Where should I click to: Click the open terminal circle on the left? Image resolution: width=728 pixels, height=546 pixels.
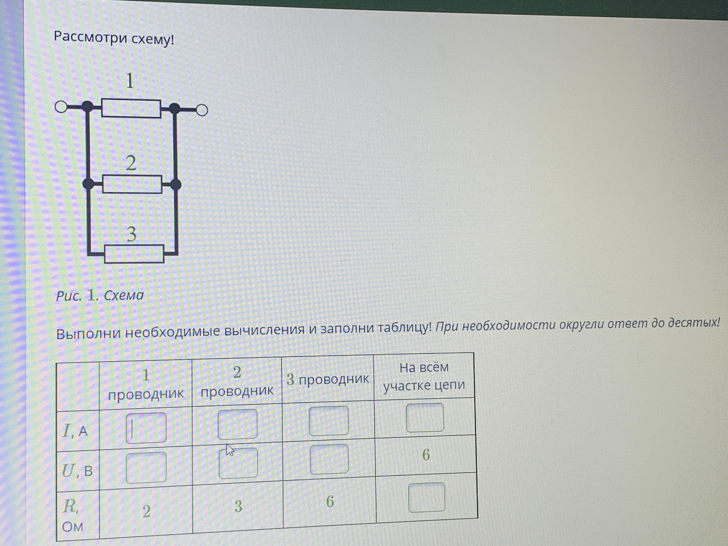(x=61, y=107)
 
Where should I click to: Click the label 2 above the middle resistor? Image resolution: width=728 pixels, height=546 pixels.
(x=131, y=163)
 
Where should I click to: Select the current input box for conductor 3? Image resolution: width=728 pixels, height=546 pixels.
(x=329, y=421)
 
